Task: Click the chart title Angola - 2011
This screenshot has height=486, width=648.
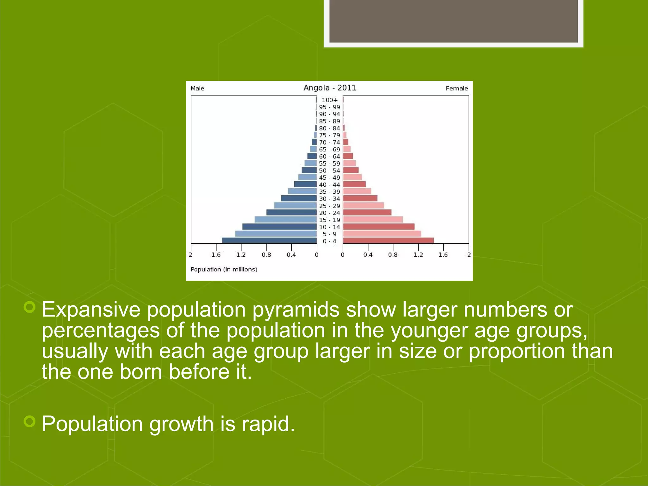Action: pyautogui.click(x=330, y=88)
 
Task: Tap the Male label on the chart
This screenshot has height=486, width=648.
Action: pyautogui.click(x=197, y=88)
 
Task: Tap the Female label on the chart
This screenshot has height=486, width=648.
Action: pyautogui.click(x=457, y=88)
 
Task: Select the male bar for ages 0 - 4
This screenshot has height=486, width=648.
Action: pyautogui.click(x=269, y=240)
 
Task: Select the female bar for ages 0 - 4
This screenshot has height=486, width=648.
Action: pyautogui.click(x=388, y=240)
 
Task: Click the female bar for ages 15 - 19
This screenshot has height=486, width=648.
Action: pyautogui.click(x=373, y=220)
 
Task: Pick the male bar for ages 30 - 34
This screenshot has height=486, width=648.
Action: pyautogui.click(x=299, y=198)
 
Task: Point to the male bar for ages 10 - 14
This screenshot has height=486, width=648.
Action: pyautogui.click(x=279, y=227)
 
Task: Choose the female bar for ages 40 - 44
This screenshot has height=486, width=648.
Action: pyautogui.click(x=354, y=184)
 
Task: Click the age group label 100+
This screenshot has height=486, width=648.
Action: pyautogui.click(x=330, y=100)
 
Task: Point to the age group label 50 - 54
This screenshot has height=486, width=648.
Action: pyautogui.click(x=329, y=171)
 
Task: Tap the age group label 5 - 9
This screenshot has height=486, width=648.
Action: pyautogui.click(x=329, y=234)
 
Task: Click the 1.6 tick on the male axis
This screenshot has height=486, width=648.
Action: pyautogui.click(x=216, y=255)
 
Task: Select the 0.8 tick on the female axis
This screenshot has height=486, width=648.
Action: pyautogui.click(x=393, y=255)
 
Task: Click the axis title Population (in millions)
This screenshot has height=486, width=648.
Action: pyautogui.click(x=224, y=269)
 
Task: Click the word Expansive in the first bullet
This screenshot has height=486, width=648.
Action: pyautogui.click(x=91, y=309)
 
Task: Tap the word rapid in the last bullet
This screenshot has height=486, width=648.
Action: pyautogui.click(x=268, y=424)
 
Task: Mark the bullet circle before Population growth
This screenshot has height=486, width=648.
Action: pyautogui.click(x=29, y=421)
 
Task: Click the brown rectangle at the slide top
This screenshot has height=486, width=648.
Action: pyautogui.click(x=453, y=21)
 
